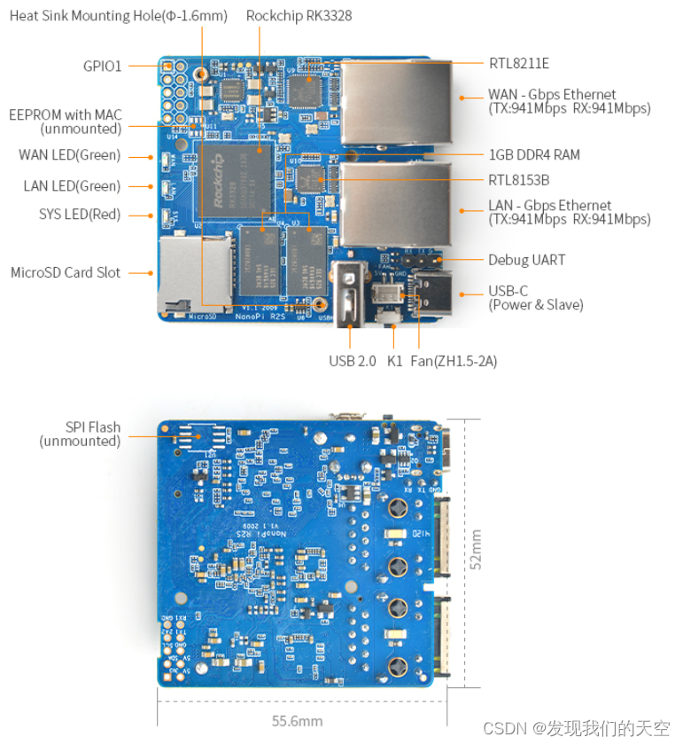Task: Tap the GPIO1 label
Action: pyautogui.click(x=102, y=66)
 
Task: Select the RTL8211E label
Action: pyautogui.click(x=519, y=63)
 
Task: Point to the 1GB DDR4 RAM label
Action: pyautogui.click(x=534, y=154)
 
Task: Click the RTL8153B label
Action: pyautogui.click(x=519, y=180)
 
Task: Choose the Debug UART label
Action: pyautogui.click(x=526, y=260)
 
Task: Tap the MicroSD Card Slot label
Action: pyautogui.click(x=66, y=272)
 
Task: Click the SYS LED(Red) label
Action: pyautogui.click(x=79, y=214)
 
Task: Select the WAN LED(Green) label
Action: pyautogui.click(x=69, y=155)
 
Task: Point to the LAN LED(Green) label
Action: pyautogui.click(x=72, y=186)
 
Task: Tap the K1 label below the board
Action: pyautogui.click(x=395, y=361)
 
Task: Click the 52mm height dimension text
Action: pyautogui.click(x=476, y=550)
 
